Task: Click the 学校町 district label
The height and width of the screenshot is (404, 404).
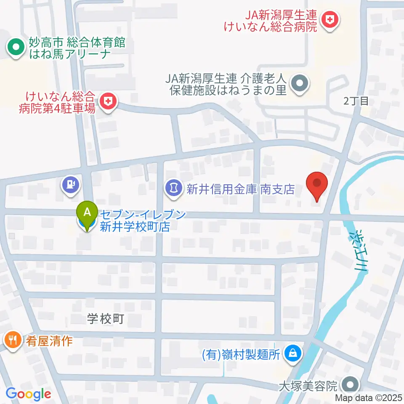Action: (x=106, y=319)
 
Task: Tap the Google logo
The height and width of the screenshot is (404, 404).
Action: (x=29, y=394)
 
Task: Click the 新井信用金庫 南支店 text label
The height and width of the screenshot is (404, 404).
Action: (x=240, y=190)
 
